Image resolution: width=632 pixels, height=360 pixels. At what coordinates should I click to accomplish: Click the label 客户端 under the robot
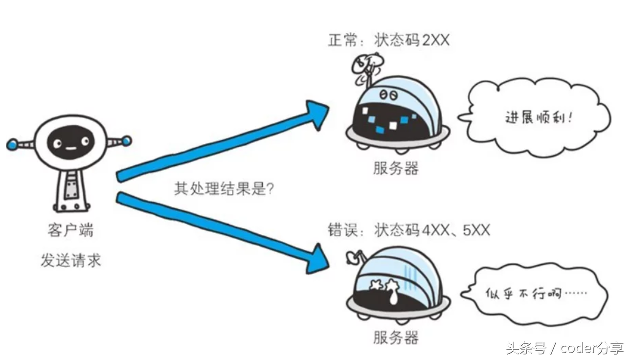click(70, 230)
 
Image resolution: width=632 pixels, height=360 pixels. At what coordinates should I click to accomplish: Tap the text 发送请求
click(70, 260)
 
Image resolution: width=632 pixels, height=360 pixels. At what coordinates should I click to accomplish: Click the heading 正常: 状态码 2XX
click(388, 40)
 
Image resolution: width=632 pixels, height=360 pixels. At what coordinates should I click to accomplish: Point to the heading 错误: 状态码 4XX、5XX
click(409, 230)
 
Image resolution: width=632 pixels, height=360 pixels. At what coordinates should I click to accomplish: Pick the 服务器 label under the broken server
click(396, 337)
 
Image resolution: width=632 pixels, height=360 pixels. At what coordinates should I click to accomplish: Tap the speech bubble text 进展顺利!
click(538, 118)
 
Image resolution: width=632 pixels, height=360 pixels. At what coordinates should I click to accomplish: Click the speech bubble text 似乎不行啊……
click(536, 294)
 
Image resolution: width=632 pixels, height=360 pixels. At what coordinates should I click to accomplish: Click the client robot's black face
click(69, 142)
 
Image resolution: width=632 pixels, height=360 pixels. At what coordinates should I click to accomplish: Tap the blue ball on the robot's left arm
click(12, 144)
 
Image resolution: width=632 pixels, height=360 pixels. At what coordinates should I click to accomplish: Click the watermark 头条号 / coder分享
click(565, 348)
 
